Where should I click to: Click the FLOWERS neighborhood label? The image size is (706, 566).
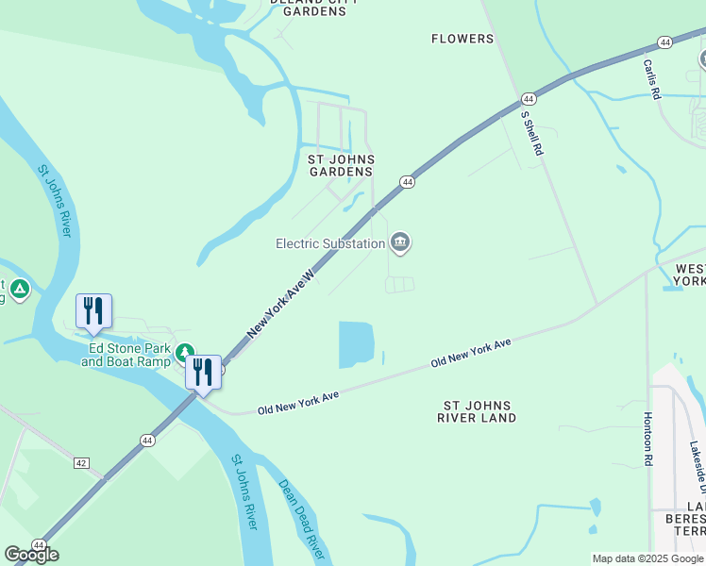(x=462, y=39)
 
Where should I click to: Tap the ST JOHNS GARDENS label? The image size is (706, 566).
(x=341, y=165)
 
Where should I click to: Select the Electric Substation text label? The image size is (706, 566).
(x=329, y=243)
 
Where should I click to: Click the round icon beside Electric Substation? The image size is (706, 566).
(x=400, y=243)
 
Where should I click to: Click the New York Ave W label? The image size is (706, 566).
(x=280, y=300)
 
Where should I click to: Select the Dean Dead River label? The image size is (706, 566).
(x=301, y=519)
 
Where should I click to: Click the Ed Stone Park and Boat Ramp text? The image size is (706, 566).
(x=126, y=354)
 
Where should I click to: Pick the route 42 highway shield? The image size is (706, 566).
(x=81, y=462)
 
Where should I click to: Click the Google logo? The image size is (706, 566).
(x=31, y=555)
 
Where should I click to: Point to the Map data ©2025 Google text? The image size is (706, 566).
(x=647, y=558)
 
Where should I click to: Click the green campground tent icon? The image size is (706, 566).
(x=20, y=289)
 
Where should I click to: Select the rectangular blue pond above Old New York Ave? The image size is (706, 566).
(x=356, y=344)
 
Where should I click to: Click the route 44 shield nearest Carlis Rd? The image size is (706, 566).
(x=665, y=42)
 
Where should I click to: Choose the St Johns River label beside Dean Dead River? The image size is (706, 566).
(x=244, y=491)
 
